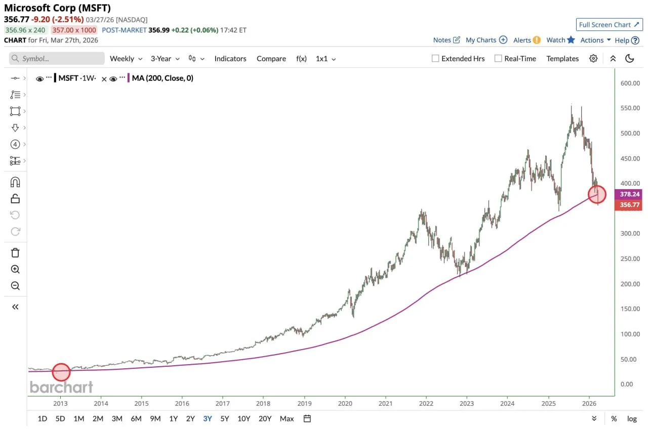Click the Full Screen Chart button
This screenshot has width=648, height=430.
[609, 25]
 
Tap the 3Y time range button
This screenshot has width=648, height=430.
[208, 418]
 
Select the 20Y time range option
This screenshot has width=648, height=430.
[265, 418]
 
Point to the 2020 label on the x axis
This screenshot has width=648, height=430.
[345, 403]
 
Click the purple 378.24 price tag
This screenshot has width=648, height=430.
[628, 194]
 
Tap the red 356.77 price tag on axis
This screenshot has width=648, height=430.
[628, 205]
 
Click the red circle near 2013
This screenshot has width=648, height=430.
[61, 372]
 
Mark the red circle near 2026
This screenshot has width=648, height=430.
[597, 194]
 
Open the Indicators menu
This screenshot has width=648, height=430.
[230, 59]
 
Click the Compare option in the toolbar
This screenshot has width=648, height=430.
[271, 59]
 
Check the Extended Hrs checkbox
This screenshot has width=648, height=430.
[435, 59]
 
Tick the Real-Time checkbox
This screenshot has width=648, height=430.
[498, 59]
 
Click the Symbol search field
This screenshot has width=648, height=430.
[57, 59]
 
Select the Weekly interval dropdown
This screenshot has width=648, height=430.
[126, 59]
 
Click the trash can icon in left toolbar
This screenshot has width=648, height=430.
[15, 253]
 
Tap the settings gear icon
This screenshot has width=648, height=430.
[593, 59]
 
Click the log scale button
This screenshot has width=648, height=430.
[632, 418]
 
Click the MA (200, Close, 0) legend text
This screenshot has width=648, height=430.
[162, 78]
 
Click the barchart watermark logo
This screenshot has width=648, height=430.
[61, 388]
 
